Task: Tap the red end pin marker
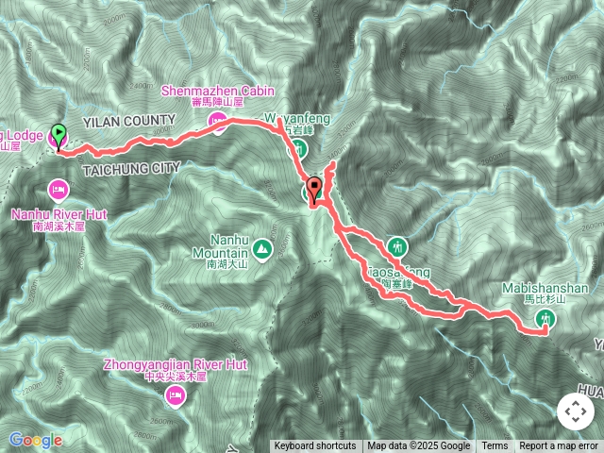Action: point(315,188)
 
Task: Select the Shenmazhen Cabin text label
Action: point(217,91)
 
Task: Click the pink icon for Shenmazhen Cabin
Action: point(217,120)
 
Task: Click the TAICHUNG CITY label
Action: point(131,168)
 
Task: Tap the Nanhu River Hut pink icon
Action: point(59,190)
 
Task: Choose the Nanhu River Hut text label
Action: point(59,215)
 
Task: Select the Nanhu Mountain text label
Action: point(220,246)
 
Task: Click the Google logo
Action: point(36,440)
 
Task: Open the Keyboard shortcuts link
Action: point(315,446)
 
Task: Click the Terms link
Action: point(495,446)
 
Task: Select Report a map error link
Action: point(558,446)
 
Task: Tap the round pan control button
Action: point(575,411)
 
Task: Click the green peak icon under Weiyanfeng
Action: point(297,148)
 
